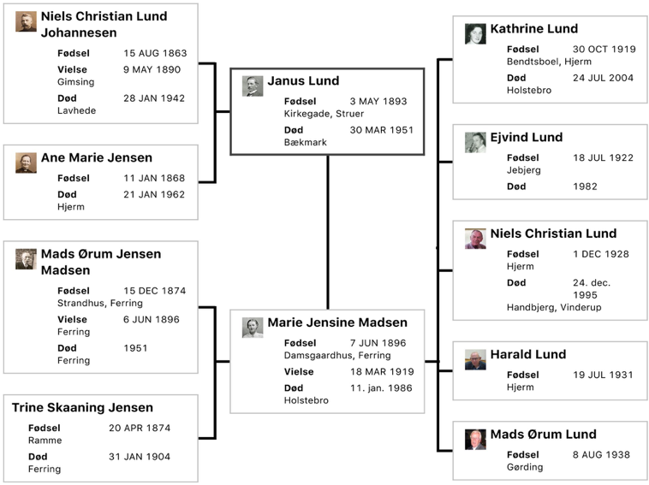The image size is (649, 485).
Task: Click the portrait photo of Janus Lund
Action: pos(253,86)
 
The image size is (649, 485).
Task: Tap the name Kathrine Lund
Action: pos(534,28)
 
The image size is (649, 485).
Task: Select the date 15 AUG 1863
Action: pos(155,53)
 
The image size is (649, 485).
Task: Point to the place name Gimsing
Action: pos(75,82)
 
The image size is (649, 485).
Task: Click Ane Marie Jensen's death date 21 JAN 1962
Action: pos(154,194)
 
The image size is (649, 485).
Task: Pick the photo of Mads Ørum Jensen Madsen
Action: pos(26,259)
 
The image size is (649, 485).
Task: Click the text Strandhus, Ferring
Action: pos(100,303)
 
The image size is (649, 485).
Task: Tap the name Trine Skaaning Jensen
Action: pos(82,407)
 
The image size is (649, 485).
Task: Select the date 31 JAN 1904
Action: pos(140,457)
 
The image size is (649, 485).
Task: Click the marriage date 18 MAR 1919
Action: pos(382,371)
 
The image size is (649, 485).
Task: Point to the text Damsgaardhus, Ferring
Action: pos(337,355)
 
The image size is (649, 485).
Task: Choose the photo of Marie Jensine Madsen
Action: pos(253,328)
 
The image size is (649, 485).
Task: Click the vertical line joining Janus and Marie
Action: pos(328,233)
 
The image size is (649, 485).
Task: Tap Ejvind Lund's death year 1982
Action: pos(585,186)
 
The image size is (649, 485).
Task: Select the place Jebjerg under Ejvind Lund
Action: pos(524,170)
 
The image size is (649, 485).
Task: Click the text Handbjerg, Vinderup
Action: pos(554,307)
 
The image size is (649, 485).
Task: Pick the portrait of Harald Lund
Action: pos(475,359)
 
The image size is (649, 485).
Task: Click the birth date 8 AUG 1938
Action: pos(601,454)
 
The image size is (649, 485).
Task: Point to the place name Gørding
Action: pos(525,467)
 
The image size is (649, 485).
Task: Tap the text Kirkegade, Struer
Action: pos(324,113)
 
